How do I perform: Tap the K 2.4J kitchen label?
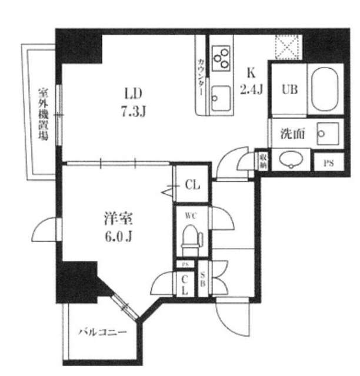(251, 82)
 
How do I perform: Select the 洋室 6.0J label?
(119, 227)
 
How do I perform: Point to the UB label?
(288, 89)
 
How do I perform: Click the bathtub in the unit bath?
(325, 89)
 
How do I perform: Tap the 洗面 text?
(292, 133)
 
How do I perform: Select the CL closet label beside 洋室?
(192, 184)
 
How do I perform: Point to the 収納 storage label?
(263, 162)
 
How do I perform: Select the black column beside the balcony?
(75, 281)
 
